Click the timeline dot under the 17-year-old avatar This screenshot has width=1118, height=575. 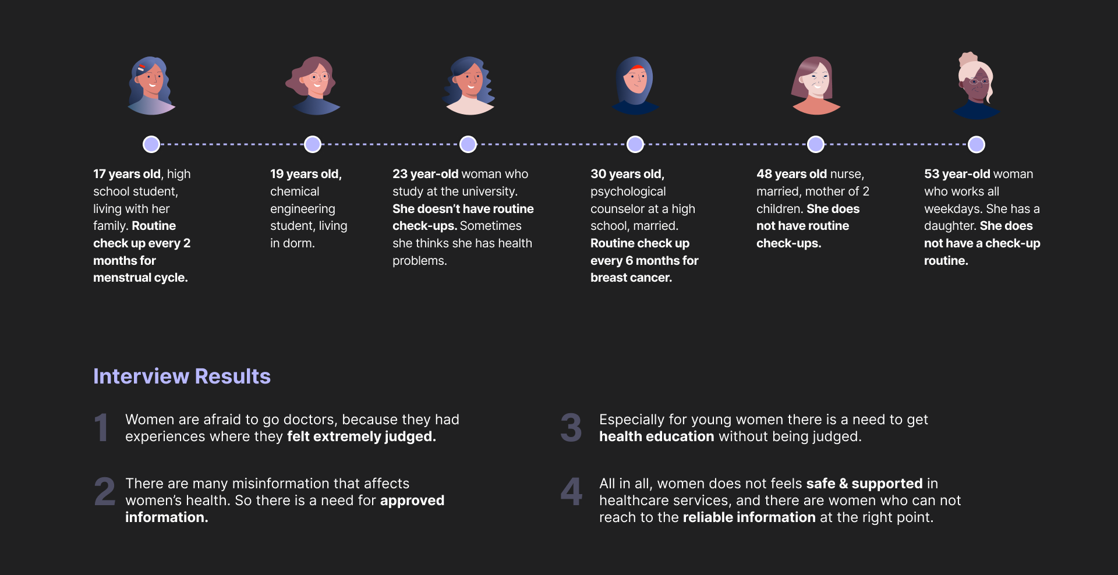[151, 144]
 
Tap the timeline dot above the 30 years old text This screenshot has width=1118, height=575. [635, 144]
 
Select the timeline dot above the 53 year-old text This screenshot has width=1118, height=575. [977, 144]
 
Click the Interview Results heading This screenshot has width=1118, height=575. [182, 377]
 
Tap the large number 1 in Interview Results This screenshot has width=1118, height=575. [101, 428]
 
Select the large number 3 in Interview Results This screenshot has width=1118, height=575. [571, 428]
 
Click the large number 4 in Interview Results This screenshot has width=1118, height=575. [571, 492]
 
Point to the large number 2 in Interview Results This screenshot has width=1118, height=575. [105, 492]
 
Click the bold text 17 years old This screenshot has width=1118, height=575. [126, 174]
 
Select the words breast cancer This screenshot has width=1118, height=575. [631, 278]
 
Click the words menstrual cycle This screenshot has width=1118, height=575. [140, 278]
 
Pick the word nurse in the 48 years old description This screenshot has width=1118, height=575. [846, 174]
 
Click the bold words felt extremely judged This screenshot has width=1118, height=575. [361, 436]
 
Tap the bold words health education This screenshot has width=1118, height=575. [656, 436]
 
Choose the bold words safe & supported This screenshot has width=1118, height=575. [864, 484]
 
